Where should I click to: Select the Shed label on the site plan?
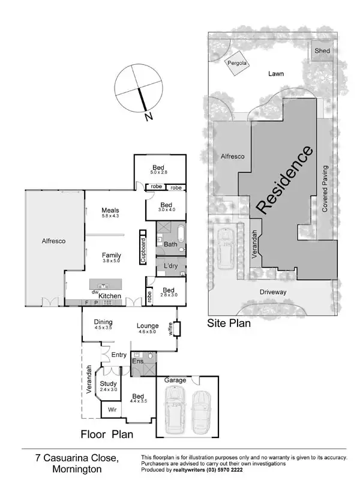(x=322, y=51)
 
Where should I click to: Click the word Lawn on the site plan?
(x=276, y=74)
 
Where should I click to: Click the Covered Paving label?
(x=325, y=188)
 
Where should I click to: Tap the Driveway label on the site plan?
(x=274, y=292)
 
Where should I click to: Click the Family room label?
(x=111, y=255)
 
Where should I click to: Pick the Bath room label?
(x=170, y=244)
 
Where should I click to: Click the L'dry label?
(x=170, y=265)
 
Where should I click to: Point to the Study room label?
(x=108, y=383)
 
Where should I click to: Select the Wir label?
(x=112, y=410)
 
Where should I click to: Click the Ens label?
(x=137, y=362)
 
